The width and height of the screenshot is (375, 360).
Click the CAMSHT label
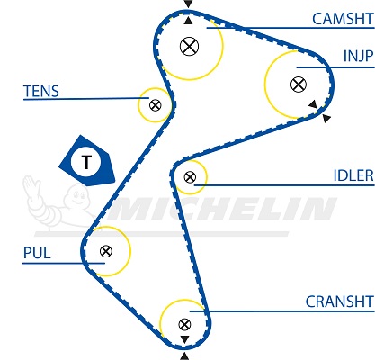point(343,19)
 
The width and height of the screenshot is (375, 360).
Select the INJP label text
point(359,56)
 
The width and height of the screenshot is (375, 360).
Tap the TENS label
point(41,91)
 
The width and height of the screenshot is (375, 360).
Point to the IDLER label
point(353,175)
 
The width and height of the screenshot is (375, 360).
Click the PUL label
point(37,253)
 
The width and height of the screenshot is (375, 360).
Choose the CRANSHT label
point(339,301)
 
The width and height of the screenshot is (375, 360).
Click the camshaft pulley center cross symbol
point(189,46)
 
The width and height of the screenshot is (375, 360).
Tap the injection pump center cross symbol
point(299,85)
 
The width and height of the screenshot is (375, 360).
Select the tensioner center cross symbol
point(156,105)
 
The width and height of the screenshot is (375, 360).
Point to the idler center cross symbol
point(190,177)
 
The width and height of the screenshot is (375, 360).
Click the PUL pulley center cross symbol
point(106,251)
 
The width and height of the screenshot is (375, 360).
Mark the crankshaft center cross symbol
point(184,324)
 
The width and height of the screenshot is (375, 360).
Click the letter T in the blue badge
point(86,162)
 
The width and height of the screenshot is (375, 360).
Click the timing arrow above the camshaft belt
point(188,4)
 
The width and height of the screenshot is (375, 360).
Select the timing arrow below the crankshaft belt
point(184,356)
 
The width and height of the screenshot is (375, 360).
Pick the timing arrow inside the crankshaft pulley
point(184,339)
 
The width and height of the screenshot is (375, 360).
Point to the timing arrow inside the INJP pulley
point(313,104)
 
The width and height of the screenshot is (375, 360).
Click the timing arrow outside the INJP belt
point(326,118)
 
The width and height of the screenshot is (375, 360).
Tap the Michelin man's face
point(79,196)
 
